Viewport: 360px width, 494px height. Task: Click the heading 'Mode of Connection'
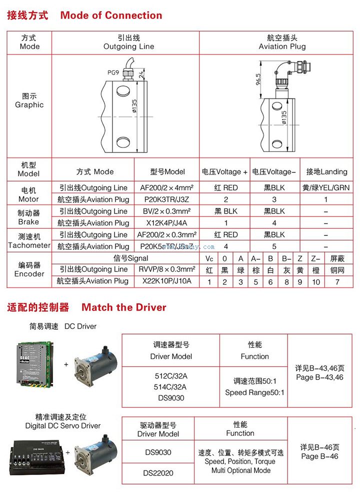[111, 15]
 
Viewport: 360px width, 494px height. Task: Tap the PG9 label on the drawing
[113, 72]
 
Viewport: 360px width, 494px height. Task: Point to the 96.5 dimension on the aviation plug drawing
[258, 79]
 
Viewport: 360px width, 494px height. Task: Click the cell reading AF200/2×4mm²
[167, 188]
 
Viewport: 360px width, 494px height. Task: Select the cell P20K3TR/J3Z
[167, 199]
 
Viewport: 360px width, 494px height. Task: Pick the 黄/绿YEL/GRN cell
[326, 188]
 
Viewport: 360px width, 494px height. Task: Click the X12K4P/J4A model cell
[167, 223]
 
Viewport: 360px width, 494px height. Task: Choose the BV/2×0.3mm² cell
[167, 211]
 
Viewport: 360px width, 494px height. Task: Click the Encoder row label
[29, 269]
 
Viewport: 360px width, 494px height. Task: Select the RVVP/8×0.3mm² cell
[167, 269]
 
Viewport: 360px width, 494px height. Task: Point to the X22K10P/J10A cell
[167, 281]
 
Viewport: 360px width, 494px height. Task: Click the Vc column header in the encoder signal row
[209, 258]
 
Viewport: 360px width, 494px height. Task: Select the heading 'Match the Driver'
[123, 307]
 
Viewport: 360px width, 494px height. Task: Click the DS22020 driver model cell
[158, 472]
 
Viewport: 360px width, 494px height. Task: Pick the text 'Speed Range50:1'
[254, 392]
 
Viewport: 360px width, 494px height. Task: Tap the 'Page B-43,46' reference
[320, 377]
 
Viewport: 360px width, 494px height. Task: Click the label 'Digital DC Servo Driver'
[63, 426]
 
